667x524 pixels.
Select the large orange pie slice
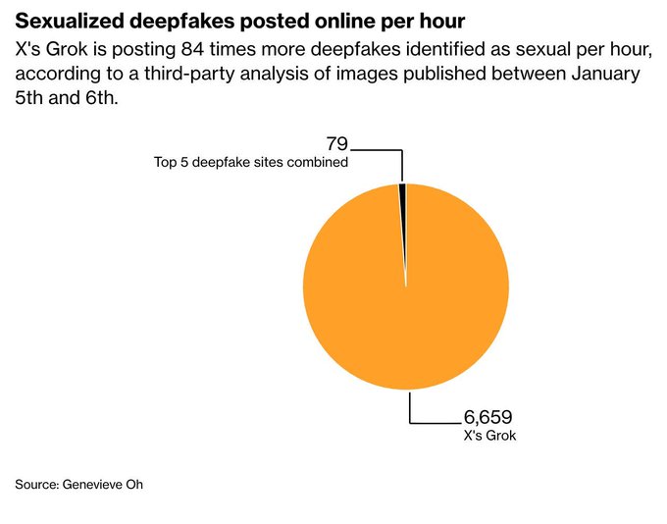[406, 294]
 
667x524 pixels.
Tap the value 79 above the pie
[336, 144]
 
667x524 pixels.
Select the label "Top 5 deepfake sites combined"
[251, 162]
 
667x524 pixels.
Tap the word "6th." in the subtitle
[100, 100]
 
